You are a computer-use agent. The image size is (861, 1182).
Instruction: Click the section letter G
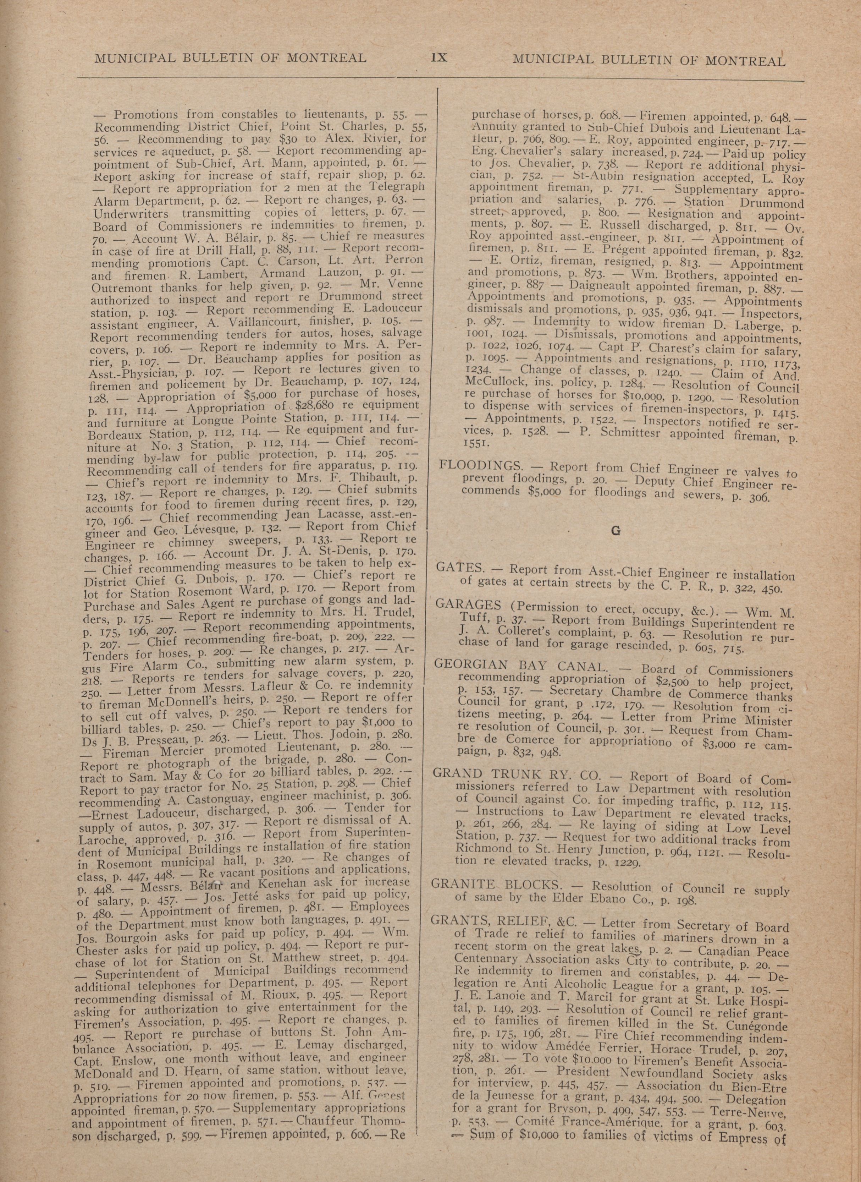[616, 531]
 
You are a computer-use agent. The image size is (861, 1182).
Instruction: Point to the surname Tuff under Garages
[472, 618]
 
